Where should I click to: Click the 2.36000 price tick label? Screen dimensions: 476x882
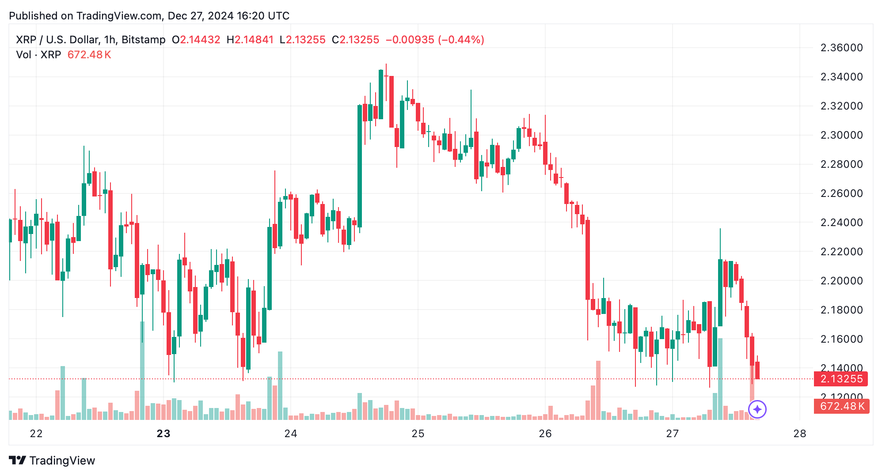841,48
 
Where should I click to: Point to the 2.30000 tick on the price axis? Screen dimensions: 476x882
841,135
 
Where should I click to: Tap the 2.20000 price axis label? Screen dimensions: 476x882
841,281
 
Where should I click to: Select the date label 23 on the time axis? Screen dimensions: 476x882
163,434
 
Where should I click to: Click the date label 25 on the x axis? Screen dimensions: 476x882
418,434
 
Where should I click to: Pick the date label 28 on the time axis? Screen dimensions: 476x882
800,434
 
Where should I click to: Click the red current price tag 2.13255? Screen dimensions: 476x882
841,379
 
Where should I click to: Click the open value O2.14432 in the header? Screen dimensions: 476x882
196,40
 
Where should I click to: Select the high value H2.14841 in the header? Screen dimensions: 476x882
250,40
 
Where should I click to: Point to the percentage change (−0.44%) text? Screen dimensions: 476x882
461,40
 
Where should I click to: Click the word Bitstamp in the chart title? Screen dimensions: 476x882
143,40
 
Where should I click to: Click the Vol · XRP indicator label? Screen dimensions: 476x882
38,55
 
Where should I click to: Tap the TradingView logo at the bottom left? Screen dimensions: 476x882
52,461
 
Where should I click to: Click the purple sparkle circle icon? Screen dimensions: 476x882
757,409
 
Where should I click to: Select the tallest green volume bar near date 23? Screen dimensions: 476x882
142,371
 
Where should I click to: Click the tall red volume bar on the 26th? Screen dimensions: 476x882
598,390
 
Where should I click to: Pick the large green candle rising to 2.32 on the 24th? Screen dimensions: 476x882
360,166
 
